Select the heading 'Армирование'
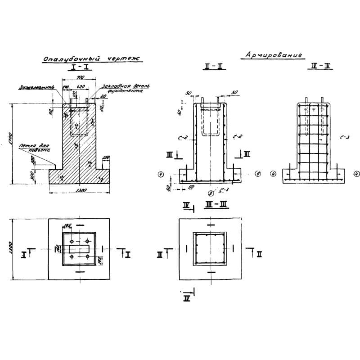click(x=273, y=55)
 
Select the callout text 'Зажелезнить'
click(x=36, y=87)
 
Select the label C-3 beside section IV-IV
click(x=346, y=138)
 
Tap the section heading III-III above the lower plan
click(x=211, y=206)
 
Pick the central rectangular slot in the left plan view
click(x=80, y=249)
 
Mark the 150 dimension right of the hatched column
click(x=106, y=157)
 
